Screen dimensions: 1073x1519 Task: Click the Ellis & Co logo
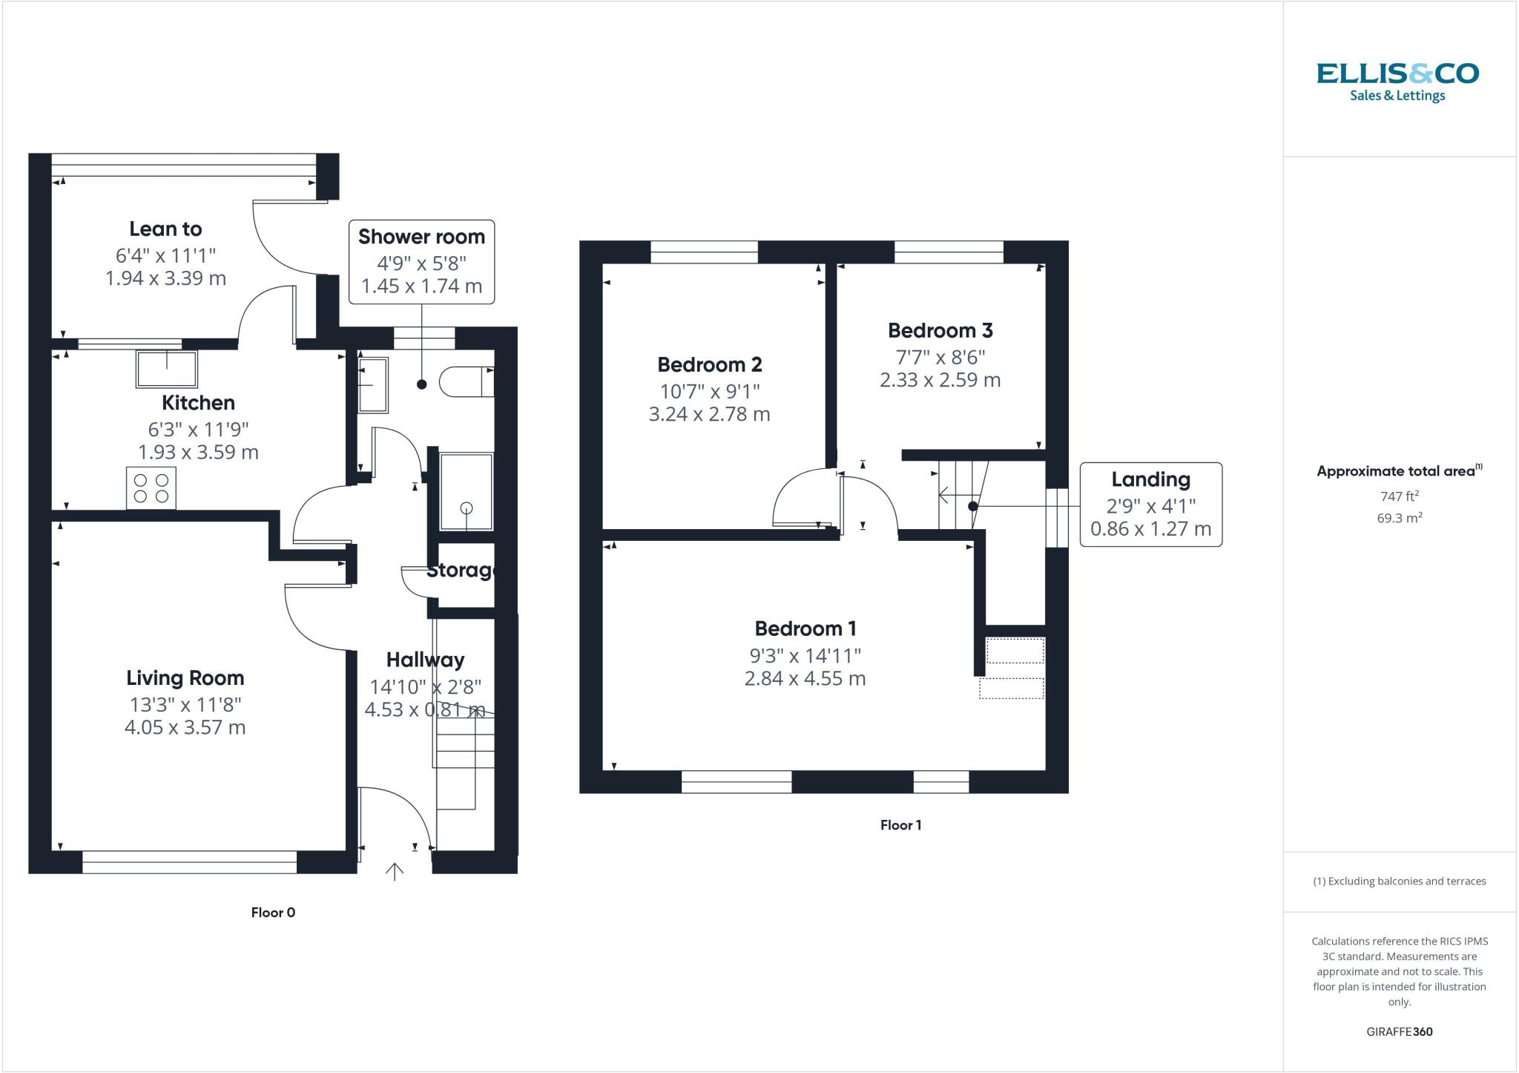[1397, 82]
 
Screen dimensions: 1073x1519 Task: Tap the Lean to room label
[165, 229]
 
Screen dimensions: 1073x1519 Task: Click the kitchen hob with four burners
[151, 488]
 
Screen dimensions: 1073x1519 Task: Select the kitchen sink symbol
[167, 369]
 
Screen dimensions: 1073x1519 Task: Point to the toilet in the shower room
[465, 381]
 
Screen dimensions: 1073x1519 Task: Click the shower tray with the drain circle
[466, 492]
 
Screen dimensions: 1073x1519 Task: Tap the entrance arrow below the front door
[395, 871]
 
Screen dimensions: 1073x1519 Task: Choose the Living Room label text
[185, 677]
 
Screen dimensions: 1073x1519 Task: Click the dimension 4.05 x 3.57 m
[185, 727]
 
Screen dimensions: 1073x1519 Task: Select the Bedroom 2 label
[709, 364]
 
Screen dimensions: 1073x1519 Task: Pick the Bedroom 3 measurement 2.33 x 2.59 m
[940, 380]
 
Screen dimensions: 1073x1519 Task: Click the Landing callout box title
[1150, 479]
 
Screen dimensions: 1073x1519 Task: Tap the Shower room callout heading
[421, 237]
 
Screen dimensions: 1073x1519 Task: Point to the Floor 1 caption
[900, 824]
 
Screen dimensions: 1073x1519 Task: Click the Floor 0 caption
[273, 912]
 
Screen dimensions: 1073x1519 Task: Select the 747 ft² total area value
[1399, 496]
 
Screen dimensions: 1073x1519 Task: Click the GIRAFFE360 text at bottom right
[1399, 1031]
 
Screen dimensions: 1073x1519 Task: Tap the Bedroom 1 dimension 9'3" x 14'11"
[805, 655]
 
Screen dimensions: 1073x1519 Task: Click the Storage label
[461, 570]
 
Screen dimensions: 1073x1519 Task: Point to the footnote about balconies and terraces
[1399, 882]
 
